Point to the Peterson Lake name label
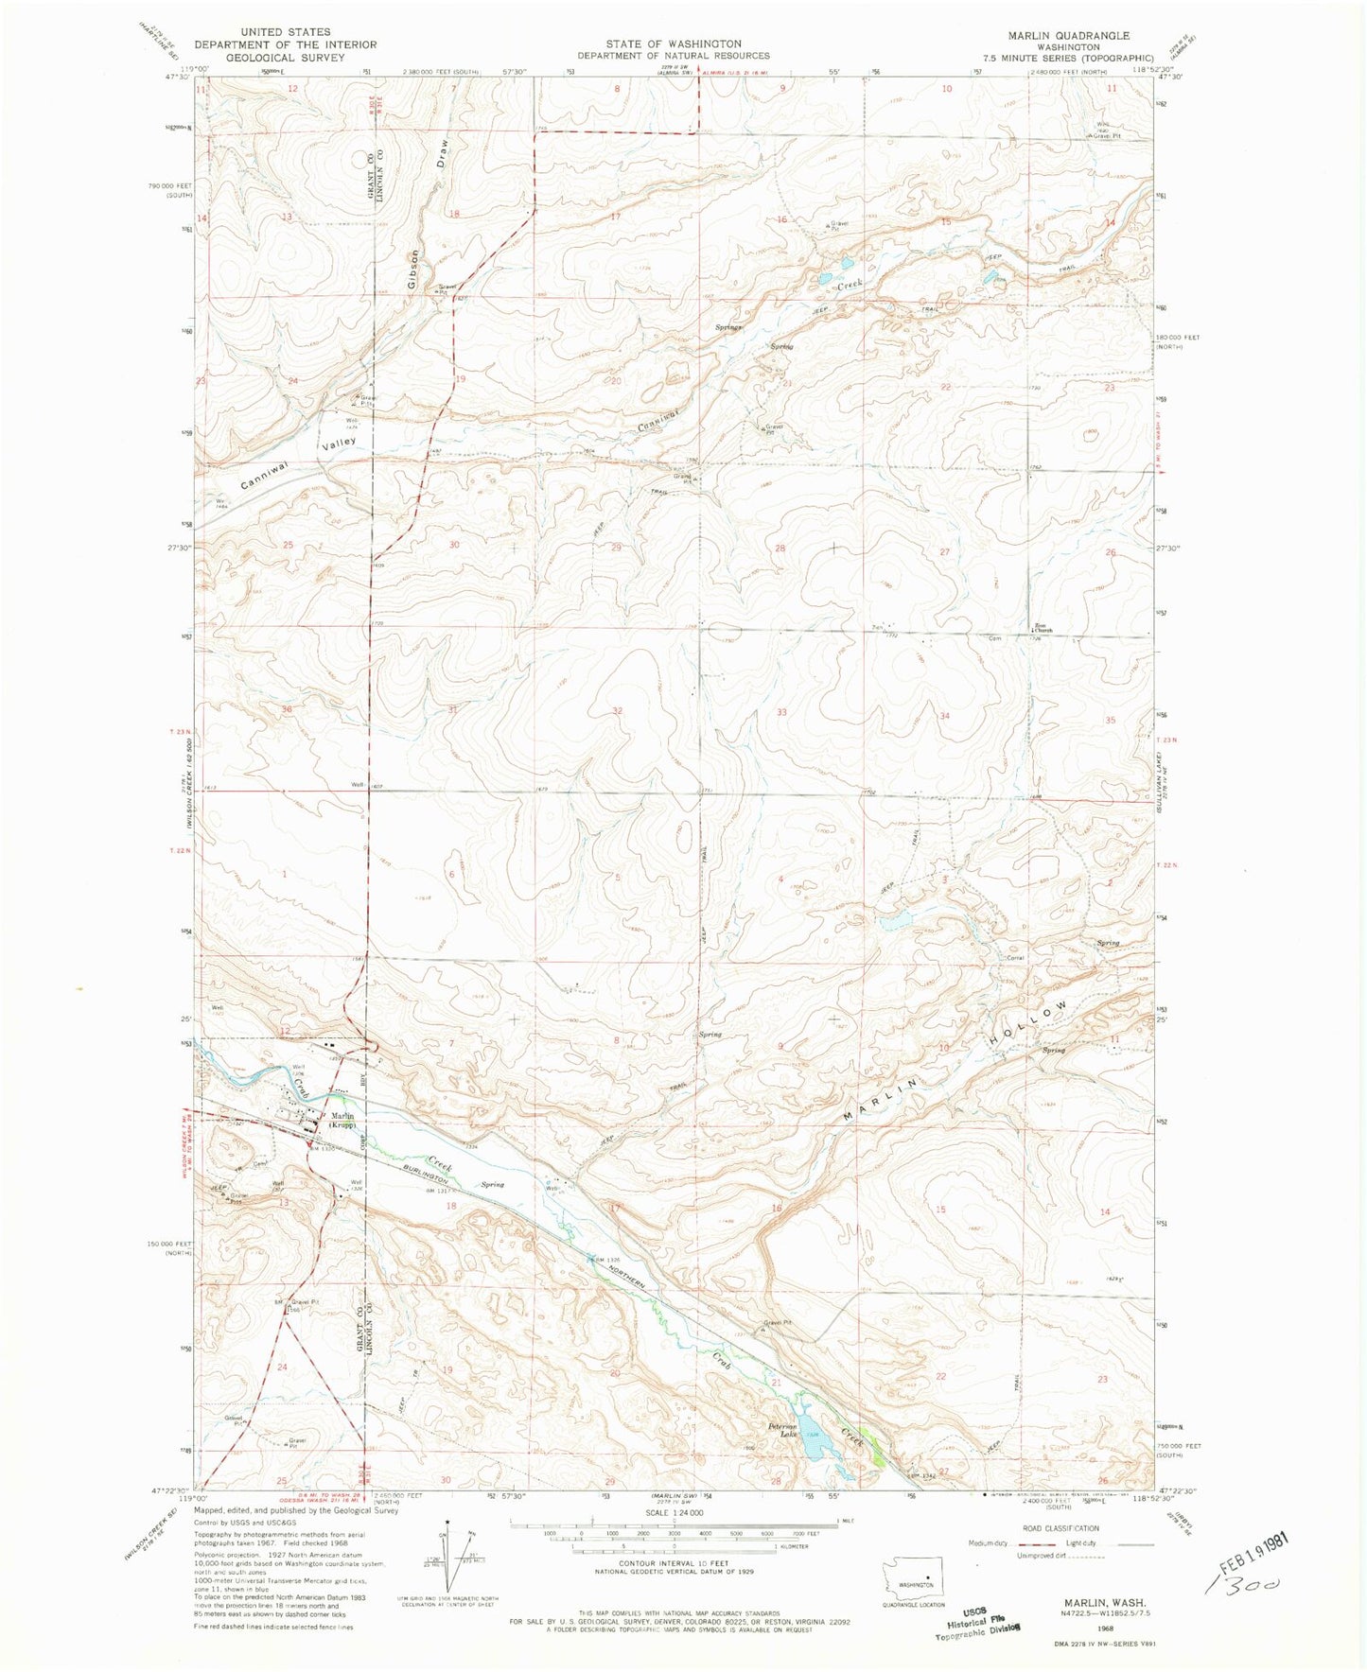781,1430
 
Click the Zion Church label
1043,628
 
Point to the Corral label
1015,957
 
